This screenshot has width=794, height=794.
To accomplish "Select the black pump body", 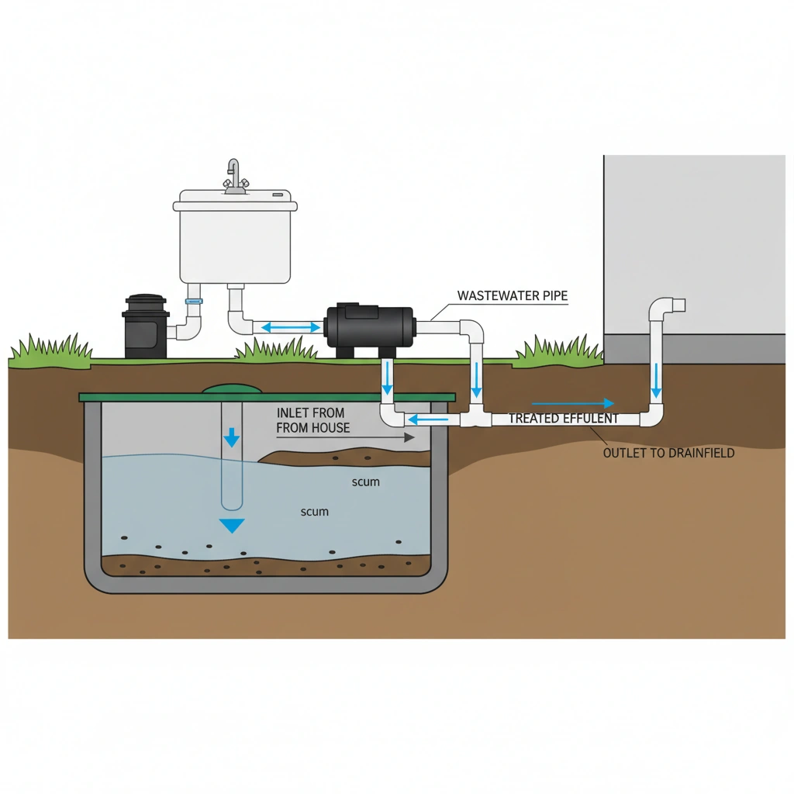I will pyautogui.click(x=369, y=327).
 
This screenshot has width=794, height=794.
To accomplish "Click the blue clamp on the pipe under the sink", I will pyautogui.click(x=194, y=300).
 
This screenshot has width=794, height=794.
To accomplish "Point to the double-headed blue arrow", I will pyautogui.click(x=291, y=327).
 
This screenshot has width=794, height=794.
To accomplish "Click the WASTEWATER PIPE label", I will pyautogui.click(x=512, y=295).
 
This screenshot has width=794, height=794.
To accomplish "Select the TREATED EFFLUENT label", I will pyautogui.click(x=563, y=419).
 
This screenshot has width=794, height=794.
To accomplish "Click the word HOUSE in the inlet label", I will pyautogui.click(x=331, y=427).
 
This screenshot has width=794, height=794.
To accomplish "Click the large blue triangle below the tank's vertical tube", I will pyautogui.click(x=231, y=525).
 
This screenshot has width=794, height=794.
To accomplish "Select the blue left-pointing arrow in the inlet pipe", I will pyautogui.click(x=423, y=419).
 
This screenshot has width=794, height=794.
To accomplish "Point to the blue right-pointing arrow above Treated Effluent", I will pyautogui.click(x=573, y=403).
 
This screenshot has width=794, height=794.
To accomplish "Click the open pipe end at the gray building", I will pyautogui.click(x=679, y=305).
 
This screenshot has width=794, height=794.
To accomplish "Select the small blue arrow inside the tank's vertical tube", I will pyautogui.click(x=231, y=439).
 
